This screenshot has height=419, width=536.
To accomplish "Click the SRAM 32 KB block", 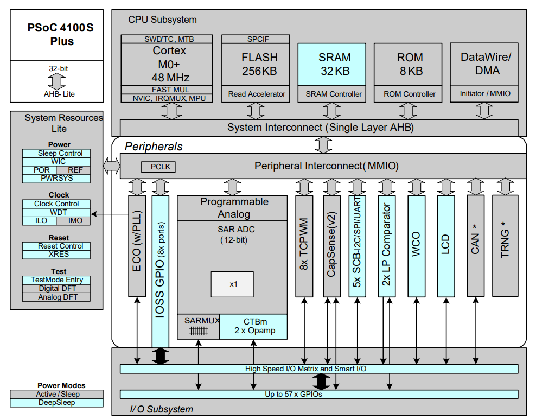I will pos(334,65).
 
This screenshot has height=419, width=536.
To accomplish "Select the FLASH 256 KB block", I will pos(259,65).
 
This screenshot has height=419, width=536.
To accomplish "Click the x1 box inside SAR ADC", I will pos(232,284).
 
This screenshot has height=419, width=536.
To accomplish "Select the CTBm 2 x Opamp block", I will pos(253,326).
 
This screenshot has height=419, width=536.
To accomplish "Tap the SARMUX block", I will pos(199,326).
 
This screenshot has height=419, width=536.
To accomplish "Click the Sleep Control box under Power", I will pos(56,154).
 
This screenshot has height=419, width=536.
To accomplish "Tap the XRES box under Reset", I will pos(56,254).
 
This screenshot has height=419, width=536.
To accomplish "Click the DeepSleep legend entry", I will pos(56,403).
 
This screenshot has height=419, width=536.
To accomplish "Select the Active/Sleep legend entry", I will pos(56,395).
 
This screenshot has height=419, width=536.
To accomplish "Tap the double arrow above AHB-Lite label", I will pos(56,81).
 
